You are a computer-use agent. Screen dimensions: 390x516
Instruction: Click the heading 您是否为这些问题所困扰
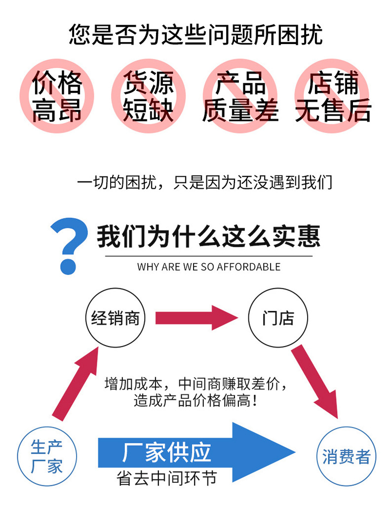click(x=195, y=35)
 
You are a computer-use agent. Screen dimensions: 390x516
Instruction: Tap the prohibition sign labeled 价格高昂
click(x=57, y=96)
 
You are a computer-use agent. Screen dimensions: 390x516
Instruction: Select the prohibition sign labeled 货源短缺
click(x=148, y=96)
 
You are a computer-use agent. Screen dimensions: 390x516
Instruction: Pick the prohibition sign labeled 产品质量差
click(x=240, y=96)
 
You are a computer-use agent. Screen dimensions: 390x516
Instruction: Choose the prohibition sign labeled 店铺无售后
click(x=332, y=96)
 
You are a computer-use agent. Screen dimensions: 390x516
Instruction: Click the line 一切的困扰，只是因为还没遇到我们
click(x=204, y=182)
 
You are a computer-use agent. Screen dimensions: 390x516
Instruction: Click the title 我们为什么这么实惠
click(x=208, y=236)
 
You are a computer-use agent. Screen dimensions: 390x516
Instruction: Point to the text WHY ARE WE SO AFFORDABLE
click(x=208, y=267)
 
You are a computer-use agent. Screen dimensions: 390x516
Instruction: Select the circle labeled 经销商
click(x=116, y=318)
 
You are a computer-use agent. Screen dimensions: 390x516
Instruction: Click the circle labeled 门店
click(x=278, y=318)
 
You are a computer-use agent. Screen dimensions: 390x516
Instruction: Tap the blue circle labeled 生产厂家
click(x=47, y=457)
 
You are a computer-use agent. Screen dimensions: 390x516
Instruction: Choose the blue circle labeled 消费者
click(x=346, y=457)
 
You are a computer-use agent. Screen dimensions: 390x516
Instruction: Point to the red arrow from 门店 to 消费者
click(x=316, y=381)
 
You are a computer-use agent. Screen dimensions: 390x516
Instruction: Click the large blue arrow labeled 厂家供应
click(x=197, y=452)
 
